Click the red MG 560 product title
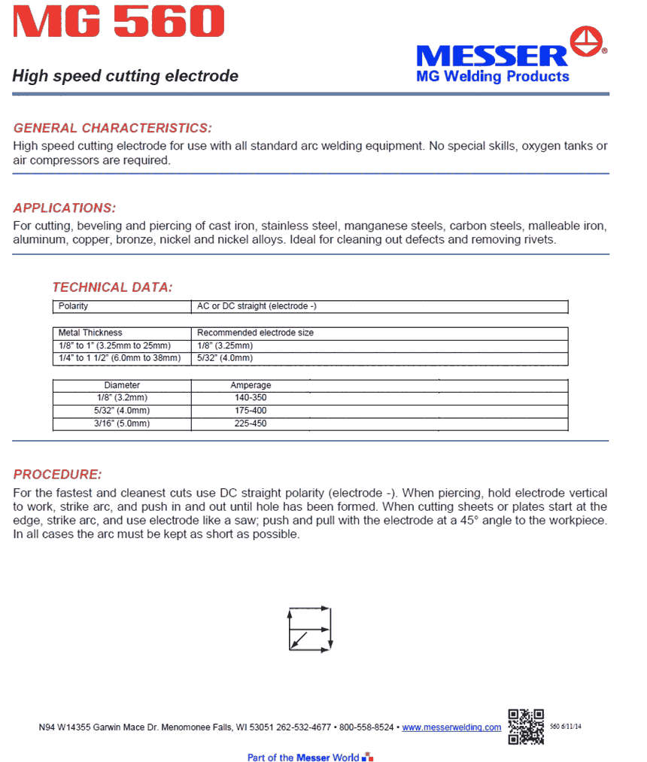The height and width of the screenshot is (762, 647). pyautogui.click(x=118, y=23)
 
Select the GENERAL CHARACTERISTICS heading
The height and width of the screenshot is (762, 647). pyautogui.click(x=113, y=128)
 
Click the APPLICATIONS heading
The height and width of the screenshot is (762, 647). pyautogui.click(x=65, y=208)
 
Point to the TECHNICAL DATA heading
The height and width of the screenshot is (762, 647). pyautogui.click(x=112, y=287)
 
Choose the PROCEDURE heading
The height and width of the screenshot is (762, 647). pyautogui.click(x=57, y=475)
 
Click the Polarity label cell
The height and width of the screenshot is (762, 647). pyautogui.click(x=74, y=307)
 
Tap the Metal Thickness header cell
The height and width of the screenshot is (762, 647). pyautogui.click(x=90, y=332)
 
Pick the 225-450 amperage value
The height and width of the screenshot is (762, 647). pyautogui.click(x=251, y=424)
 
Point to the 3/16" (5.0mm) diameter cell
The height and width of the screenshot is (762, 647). pyautogui.click(x=122, y=424)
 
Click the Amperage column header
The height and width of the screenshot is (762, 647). pyautogui.click(x=251, y=385)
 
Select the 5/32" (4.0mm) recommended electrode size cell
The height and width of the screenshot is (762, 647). pyautogui.click(x=224, y=358)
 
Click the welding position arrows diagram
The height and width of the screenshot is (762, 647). pyautogui.click(x=309, y=627)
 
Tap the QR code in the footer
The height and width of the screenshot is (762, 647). pyautogui.click(x=526, y=727)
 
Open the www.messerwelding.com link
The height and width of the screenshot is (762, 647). pyautogui.click(x=451, y=727)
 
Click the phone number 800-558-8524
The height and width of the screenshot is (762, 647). pyautogui.click(x=366, y=727)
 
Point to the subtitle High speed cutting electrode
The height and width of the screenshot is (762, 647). pyautogui.click(x=126, y=76)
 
